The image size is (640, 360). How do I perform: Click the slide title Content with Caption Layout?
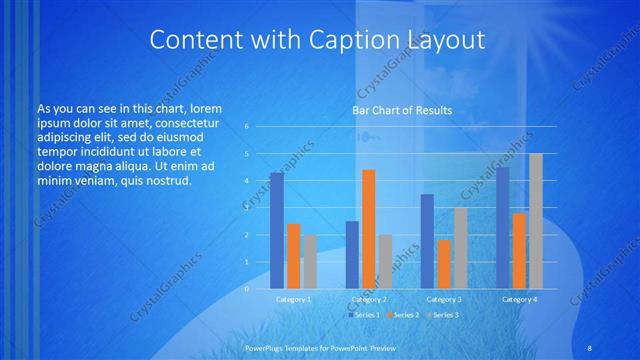[x=317, y=40]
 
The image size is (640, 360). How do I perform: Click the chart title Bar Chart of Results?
[x=401, y=110]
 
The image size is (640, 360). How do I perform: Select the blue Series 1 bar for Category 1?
[x=276, y=230]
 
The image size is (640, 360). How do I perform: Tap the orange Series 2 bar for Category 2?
[x=368, y=229]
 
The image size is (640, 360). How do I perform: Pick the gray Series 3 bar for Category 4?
[x=536, y=221]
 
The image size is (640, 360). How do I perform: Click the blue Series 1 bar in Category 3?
[x=427, y=241]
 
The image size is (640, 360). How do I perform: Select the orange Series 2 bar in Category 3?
[x=444, y=264]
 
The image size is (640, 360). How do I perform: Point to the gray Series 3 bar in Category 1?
[x=310, y=261]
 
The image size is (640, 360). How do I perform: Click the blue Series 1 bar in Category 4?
[x=502, y=228]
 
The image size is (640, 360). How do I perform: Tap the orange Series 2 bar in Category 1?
[x=293, y=256]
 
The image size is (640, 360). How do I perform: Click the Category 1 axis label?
[x=293, y=299]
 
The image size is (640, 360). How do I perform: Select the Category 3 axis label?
[x=444, y=299]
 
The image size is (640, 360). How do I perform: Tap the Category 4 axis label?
[x=519, y=299]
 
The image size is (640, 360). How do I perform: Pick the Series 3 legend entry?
[x=444, y=315]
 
